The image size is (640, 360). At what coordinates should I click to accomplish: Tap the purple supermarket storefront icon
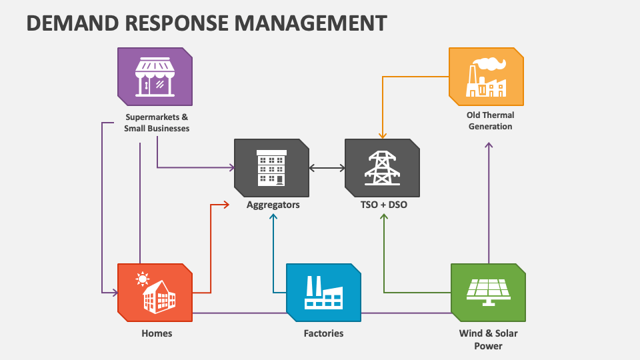(155, 76)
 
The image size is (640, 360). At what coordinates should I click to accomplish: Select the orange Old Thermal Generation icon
(486, 76)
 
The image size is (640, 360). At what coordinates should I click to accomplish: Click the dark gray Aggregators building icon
(271, 167)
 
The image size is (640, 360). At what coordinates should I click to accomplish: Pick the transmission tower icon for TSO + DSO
(382, 167)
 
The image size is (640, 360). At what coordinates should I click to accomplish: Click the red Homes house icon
(155, 292)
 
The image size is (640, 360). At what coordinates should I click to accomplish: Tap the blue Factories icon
(323, 292)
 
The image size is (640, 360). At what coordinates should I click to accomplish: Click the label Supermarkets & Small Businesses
(157, 123)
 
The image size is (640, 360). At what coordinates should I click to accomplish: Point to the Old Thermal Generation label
(490, 121)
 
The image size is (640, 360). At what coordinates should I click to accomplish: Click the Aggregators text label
(273, 205)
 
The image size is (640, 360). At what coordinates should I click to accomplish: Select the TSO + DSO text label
(383, 205)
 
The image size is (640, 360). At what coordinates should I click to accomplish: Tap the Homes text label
(157, 333)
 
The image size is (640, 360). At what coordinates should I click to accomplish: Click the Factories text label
(323, 333)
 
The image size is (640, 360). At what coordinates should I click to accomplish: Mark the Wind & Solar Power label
(488, 339)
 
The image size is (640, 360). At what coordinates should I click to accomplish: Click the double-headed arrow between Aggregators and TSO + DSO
(327, 168)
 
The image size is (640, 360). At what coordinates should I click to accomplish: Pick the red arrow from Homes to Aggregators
(211, 247)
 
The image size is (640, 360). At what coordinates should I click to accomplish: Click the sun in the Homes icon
(141, 278)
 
